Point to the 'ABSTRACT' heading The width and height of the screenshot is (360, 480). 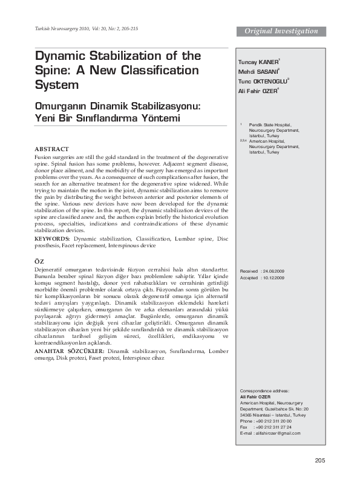[x=51, y=148]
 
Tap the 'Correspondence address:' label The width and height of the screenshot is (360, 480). [x=265, y=391]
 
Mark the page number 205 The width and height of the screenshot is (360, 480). [x=320, y=461]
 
